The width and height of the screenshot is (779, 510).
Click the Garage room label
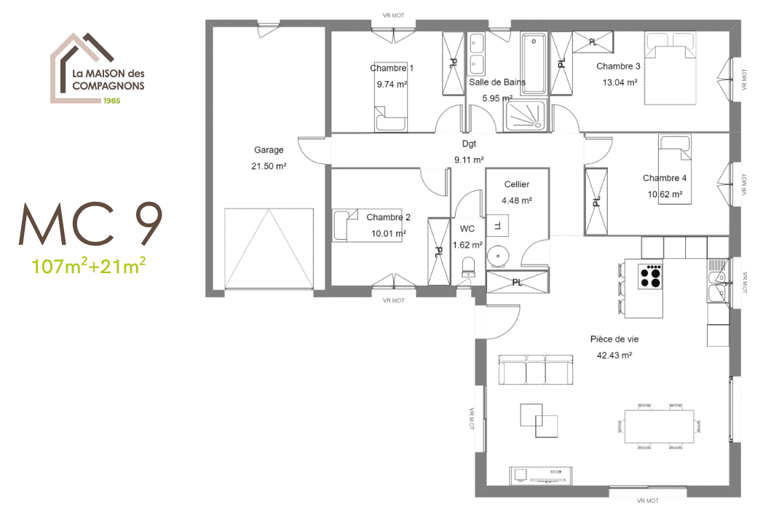tap(269, 150)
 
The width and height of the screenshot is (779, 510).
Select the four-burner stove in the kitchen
tap(650, 275)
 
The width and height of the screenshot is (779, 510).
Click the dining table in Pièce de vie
tap(658, 424)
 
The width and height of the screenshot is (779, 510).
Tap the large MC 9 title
tap(90, 225)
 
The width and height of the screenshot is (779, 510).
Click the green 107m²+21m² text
tap(89, 265)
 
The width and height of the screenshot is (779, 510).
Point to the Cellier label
tap(516, 184)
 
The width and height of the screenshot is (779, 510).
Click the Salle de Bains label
tap(497, 82)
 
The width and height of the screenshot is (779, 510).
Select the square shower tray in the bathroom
tap(526, 114)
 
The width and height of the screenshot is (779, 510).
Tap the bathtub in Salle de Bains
tap(534, 63)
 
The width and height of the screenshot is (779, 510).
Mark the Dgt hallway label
tap(469, 144)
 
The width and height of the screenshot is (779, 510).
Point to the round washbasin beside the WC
tap(498, 256)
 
